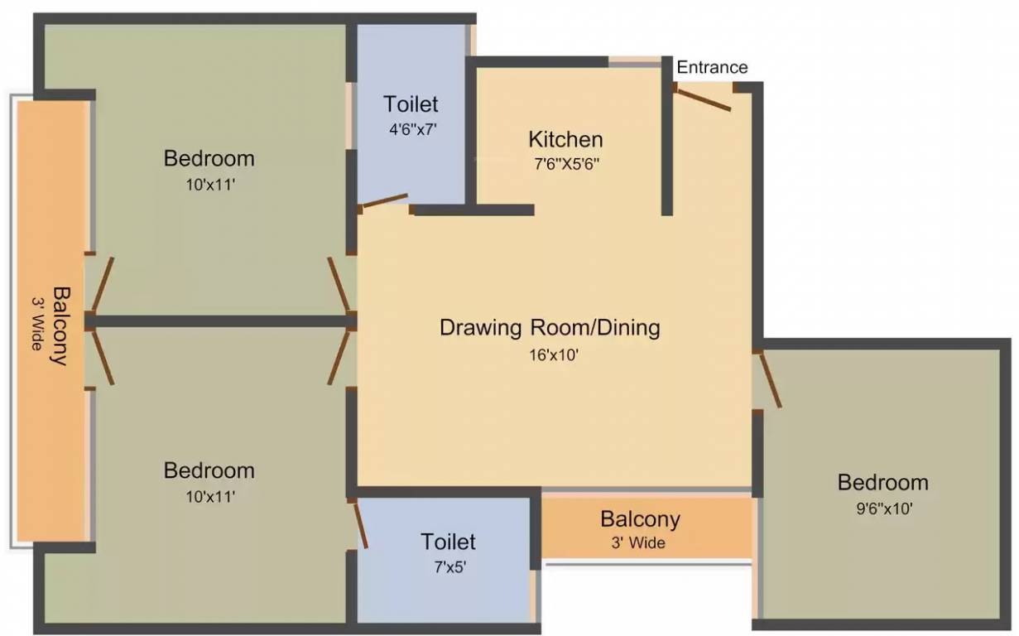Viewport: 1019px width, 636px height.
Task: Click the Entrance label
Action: tap(712, 67)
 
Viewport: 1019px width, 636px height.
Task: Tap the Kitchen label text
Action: tap(565, 139)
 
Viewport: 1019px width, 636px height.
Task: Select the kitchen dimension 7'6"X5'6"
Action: tap(567, 164)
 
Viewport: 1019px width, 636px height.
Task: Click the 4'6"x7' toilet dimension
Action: tap(412, 130)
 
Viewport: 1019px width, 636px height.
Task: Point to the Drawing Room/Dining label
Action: tap(550, 328)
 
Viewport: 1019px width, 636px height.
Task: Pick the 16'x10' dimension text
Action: tap(554, 354)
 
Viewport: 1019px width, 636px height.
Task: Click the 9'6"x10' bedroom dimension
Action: tap(884, 508)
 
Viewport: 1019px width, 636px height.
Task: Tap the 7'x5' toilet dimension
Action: tap(450, 567)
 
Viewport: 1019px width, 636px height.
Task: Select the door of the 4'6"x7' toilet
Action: tap(383, 201)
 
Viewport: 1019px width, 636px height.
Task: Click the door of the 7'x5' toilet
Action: tap(360, 523)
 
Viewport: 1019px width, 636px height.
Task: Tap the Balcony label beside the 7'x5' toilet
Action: tap(640, 519)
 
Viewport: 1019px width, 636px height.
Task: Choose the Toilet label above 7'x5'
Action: tap(448, 542)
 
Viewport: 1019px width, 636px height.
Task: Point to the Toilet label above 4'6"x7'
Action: tap(411, 104)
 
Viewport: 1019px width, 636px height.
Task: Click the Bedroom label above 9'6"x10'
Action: tap(883, 483)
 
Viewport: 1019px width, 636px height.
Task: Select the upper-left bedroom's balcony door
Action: tap(103, 285)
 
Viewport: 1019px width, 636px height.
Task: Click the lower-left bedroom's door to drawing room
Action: tap(339, 358)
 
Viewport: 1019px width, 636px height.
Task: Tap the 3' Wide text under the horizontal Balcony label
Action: tap(638, 542)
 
